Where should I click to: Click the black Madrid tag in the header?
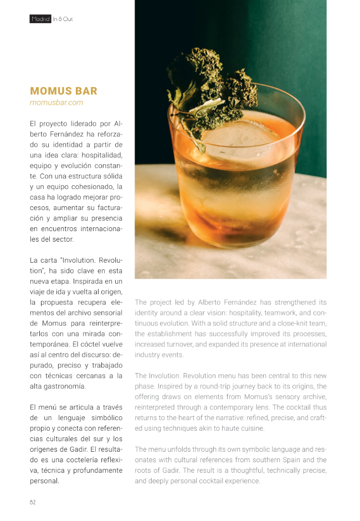40,19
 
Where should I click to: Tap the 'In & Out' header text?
63,19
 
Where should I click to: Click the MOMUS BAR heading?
64,91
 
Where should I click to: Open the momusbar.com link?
56,103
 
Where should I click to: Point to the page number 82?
33,502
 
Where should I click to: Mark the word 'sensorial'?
104,312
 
